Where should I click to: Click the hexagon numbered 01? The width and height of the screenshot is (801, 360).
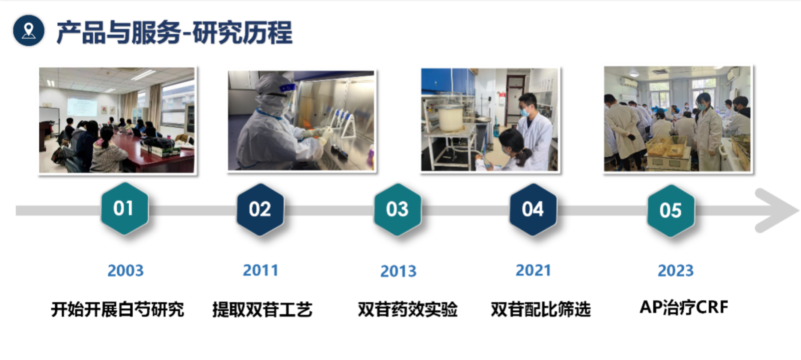125,208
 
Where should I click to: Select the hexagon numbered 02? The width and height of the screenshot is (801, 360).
260,209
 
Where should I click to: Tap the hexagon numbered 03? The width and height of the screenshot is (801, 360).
398,209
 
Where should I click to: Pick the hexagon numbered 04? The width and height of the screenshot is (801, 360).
533,209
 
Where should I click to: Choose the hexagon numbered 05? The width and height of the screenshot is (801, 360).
670,211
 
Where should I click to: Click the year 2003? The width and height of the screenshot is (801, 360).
125,271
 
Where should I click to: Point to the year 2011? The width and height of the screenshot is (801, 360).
261,270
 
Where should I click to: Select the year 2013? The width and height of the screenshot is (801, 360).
398,271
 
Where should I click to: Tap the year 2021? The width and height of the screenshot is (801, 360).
533,270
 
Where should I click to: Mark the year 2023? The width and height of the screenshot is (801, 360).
676,271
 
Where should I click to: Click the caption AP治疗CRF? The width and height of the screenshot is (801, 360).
684,307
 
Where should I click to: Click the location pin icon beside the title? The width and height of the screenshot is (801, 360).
29,31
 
